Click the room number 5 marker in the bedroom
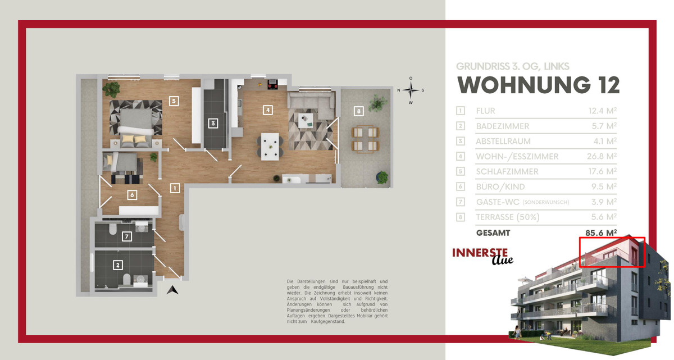coord(174,101)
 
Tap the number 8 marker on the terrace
coord(358,111)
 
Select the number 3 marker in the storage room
coord(213,124)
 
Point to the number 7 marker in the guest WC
coord(127,236)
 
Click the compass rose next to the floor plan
coord(411,90)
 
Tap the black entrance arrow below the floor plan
coord(172,290)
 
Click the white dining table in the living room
coord(270,147)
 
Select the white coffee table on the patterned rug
coord(306,120)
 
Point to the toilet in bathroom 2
coord(127,279)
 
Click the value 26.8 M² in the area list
coord(602,156)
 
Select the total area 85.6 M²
coord(601,233)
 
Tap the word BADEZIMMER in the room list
coord(503,126)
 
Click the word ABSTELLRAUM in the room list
coord(503,141)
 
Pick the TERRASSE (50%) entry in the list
coord(508,217)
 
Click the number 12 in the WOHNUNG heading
coord(609,85)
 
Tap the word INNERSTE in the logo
coord(480,253)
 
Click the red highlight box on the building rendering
coord(612,238)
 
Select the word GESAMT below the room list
coord(493,233)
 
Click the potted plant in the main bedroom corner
coord(111,89)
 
